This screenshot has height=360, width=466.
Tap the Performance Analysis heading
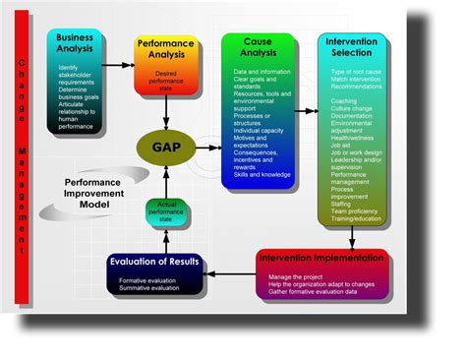pos(165,50)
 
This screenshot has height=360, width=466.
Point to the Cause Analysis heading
pos(258,48)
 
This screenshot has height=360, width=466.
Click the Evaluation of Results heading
pos(154,262)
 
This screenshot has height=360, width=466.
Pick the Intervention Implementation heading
pos(321,257)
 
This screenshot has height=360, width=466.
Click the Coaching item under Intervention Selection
pos(345,99)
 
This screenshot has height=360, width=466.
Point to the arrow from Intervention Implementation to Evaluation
pos(230,276)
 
